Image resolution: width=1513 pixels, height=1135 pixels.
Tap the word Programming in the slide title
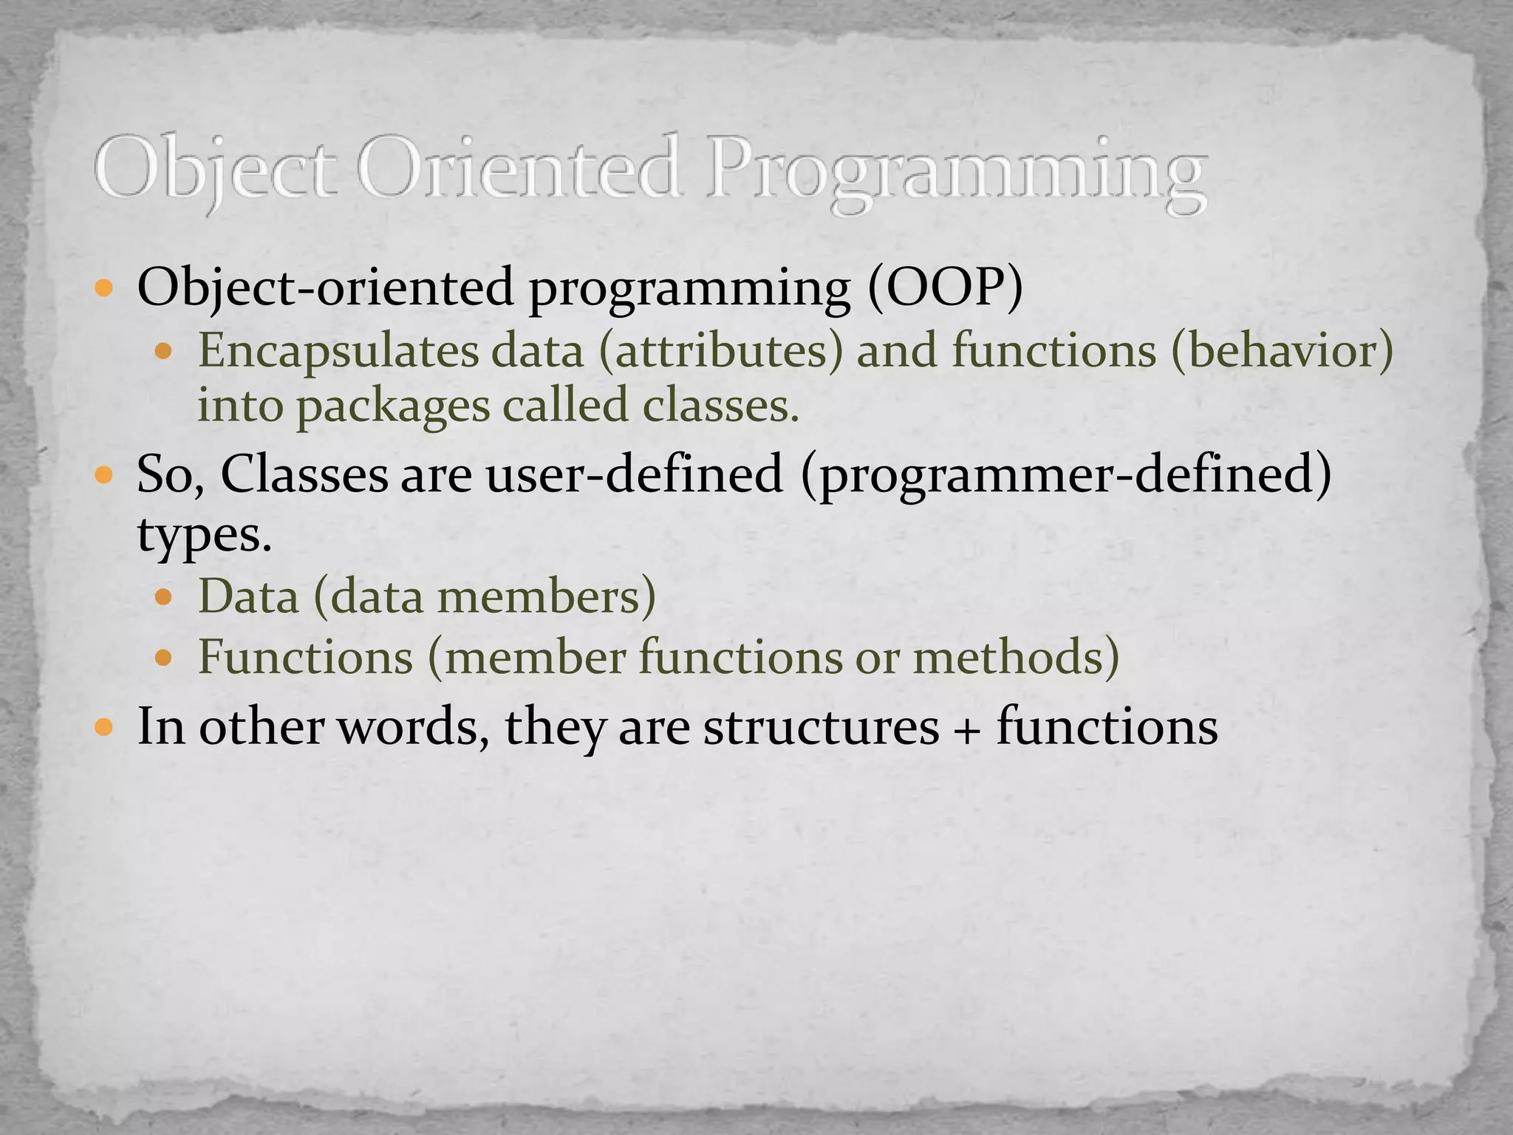956,174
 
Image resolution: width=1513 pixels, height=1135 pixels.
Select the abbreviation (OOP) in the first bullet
946,287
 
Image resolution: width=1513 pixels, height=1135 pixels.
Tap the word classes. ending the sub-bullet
721,406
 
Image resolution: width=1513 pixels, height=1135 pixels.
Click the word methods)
1016,656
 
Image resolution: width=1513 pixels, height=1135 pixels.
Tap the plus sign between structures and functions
968,728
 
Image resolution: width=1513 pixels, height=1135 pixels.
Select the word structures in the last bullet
821,726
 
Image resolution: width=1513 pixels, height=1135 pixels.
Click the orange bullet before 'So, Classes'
104,474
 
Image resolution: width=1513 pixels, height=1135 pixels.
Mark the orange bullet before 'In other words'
104,728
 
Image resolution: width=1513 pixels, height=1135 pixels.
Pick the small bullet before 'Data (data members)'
165,596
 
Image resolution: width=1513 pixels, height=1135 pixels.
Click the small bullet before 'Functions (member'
165,656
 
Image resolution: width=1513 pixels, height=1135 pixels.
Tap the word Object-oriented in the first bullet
325,287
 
